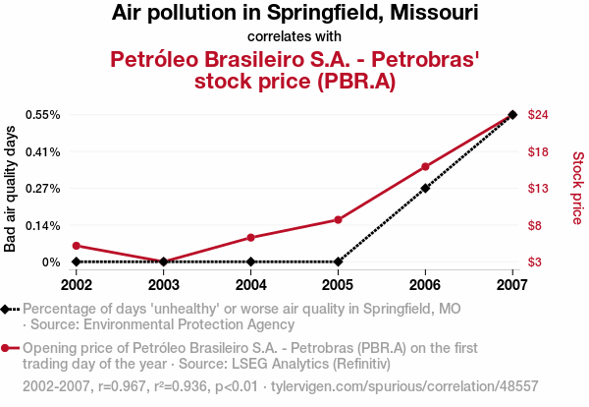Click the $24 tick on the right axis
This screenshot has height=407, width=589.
point(538,115)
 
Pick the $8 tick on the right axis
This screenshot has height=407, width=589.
point(535,225)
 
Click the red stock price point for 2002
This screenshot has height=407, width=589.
point(77,246)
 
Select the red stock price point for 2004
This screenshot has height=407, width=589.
point(251,237)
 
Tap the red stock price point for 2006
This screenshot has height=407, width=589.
point(425,167)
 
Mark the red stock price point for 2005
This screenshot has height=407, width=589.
point(338,219)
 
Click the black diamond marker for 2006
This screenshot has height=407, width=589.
point(425,188)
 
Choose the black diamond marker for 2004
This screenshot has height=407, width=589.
point(251,262)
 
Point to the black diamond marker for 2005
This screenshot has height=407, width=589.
point(338,262)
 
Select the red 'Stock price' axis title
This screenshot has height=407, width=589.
point(577,188)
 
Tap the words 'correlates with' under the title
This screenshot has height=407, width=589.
point(294,37)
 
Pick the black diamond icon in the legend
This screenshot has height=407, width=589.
point(7,309)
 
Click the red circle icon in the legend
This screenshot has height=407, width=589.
point(7,348)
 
